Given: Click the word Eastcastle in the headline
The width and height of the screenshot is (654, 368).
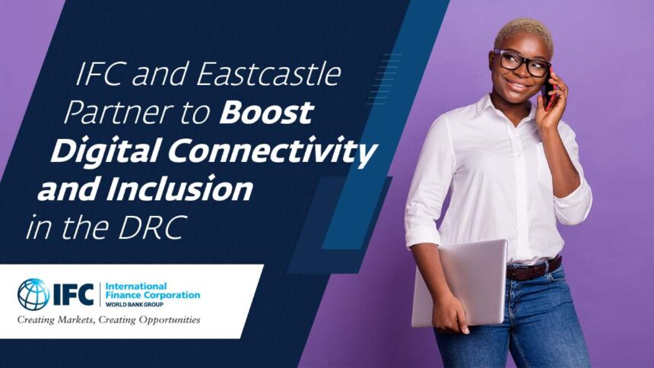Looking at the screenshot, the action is click(269, 75).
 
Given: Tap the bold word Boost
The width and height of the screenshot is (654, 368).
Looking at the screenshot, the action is click(266, 113).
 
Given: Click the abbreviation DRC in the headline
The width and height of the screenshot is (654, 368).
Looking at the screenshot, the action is click(151, 227).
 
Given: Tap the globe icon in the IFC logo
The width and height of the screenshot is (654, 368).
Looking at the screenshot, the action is click(33, 294).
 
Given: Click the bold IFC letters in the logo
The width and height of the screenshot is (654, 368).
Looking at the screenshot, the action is click(74, 294).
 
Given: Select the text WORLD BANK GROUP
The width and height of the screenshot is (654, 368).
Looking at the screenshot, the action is click(135, 305).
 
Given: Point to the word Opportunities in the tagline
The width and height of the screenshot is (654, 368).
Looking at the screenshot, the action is click(170, 320).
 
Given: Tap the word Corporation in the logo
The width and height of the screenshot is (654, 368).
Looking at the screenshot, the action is click(171, 295).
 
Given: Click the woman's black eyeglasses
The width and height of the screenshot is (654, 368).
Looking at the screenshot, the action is click(522, 63).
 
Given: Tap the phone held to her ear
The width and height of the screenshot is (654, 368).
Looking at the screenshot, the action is click(548, 91).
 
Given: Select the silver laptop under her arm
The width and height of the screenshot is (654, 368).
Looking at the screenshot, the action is click(459, 284).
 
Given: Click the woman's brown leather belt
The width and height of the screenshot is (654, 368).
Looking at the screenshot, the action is click(534, 268).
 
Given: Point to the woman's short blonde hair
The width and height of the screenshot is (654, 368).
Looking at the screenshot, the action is click(524, 35).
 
